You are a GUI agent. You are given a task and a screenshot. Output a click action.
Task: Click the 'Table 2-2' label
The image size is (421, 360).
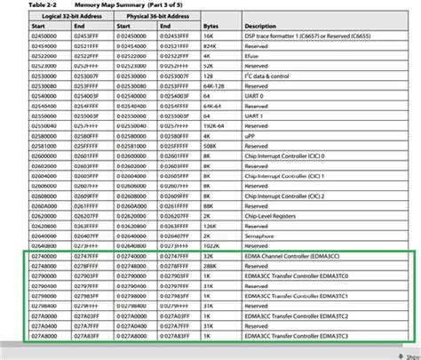click(x=24, y=5)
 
